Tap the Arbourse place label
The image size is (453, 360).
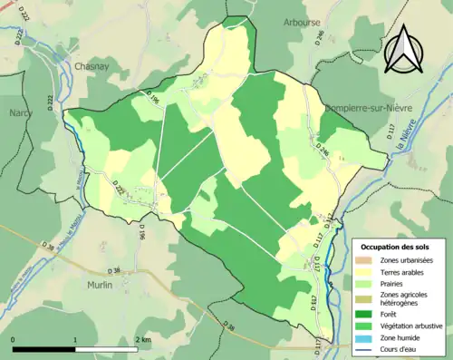[301, 22]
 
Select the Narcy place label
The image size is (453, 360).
[20, 112]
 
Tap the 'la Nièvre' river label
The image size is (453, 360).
[400, 145]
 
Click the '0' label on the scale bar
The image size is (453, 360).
[14, 338]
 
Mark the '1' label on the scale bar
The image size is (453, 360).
[76, 338]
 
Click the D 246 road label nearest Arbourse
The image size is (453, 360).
[320, 40]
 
